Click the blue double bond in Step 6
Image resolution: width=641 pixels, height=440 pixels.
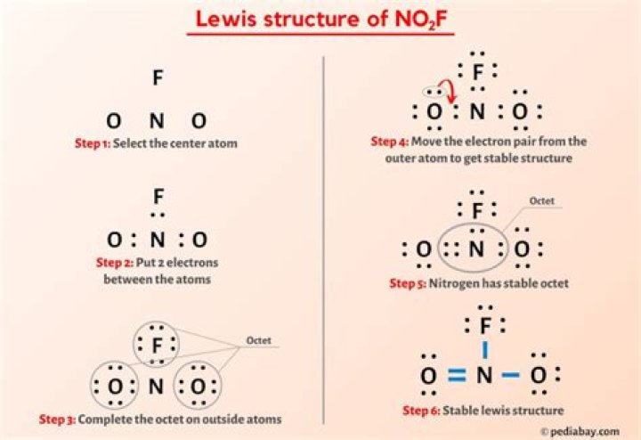tap(457, 376)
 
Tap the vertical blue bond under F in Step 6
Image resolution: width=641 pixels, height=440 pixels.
tap(484, 350)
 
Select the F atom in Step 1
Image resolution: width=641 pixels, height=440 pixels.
tap(158, 78)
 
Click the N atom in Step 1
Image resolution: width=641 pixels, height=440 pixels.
tap(157, 120)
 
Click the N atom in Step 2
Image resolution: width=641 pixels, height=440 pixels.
tap(157, 240)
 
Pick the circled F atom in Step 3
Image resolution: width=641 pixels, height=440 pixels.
tap(158, 344)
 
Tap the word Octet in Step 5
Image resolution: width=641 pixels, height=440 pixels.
tap(542, 201)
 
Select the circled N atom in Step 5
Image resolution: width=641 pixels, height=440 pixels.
tap(476, 249)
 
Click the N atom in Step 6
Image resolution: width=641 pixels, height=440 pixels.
tap(483, 376)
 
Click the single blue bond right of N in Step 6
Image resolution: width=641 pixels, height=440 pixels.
tap(510, 376)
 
